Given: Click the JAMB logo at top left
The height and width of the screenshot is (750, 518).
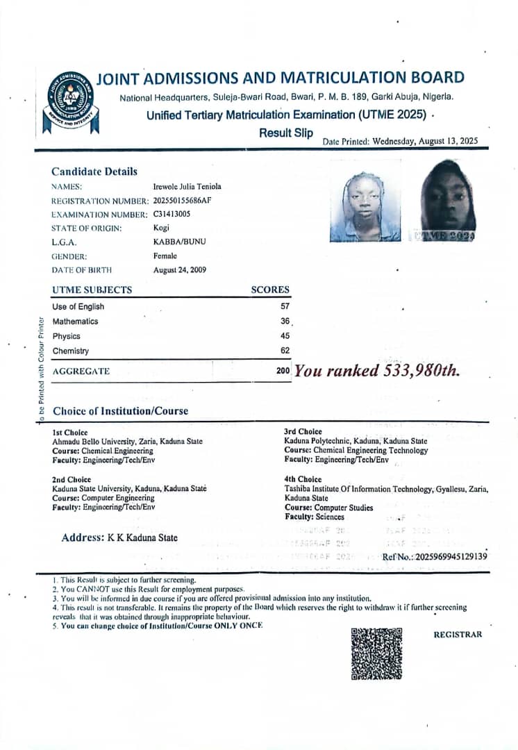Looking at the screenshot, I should [x=66, y=101].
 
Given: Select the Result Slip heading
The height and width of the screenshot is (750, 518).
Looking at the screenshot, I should [x=286, y=133].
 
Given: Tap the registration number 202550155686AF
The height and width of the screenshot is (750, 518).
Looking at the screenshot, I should [x=182, y=201].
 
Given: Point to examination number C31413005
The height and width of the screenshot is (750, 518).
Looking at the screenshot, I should [x=172, y=214].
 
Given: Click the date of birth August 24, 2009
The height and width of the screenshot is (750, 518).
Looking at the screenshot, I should [x=179, y=269].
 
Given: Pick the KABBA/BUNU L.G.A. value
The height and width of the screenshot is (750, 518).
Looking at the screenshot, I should [x=179, y=242].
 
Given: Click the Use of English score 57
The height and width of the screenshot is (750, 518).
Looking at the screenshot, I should [x=285, y=306].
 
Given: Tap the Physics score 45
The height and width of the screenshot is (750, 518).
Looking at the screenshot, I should [x=285, y=336].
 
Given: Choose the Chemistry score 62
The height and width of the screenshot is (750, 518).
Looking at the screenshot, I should [x=285, y=351].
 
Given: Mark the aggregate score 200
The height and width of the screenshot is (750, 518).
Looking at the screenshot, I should [x=283, y=371].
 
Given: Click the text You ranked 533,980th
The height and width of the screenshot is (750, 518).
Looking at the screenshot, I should [x=377, y=370].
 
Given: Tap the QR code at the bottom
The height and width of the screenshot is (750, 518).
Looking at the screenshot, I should [x=376, y=653].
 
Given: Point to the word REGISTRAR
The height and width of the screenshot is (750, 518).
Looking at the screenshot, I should [x=457, y=635].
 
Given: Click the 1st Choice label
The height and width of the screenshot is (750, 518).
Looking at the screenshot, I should [x=70, y=432].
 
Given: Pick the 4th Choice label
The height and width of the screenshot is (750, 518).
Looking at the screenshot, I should [x=303, y=479].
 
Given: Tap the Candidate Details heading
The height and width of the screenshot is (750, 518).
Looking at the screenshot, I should [x=94, y=172].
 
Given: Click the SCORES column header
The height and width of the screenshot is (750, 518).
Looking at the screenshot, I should [x=270, y=290].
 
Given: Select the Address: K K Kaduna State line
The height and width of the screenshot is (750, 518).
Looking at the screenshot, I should [x=119, y=537].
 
